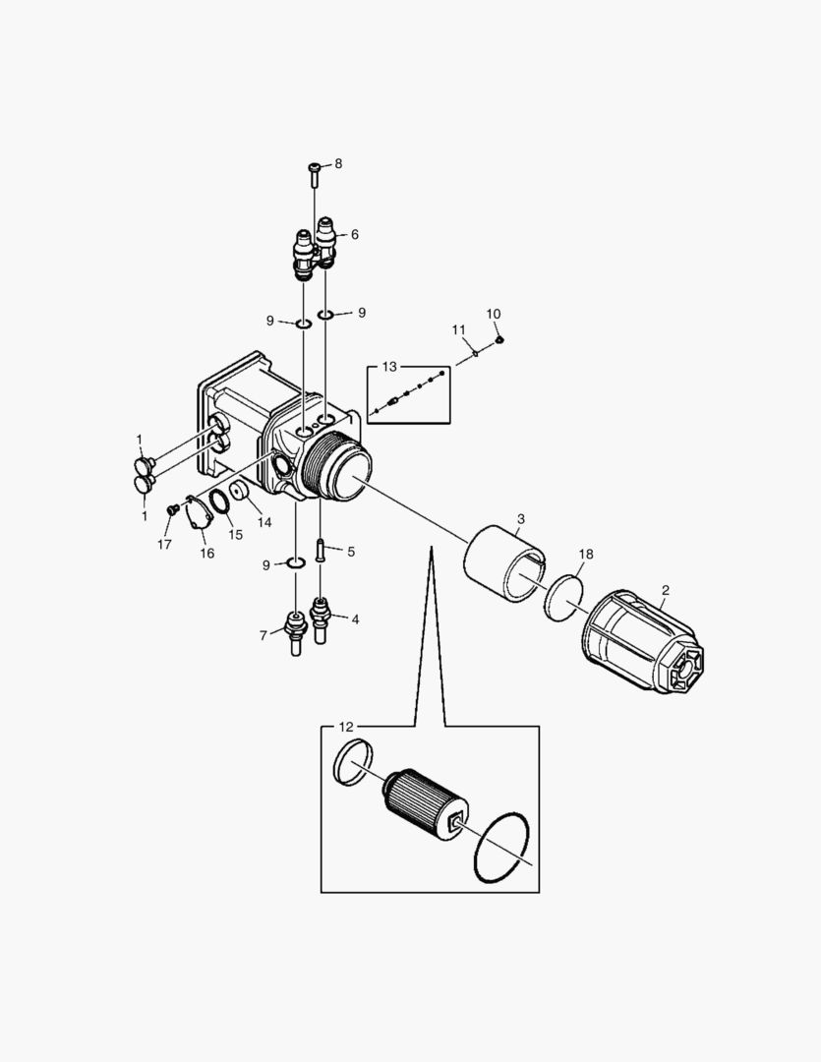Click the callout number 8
[339, 163]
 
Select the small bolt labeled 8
[314, 174]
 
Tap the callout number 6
[354, 235]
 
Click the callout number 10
[494, 314]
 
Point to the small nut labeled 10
[499, 340]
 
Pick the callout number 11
[458, 329]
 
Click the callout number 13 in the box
[389, 367]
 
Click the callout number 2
[666, 590]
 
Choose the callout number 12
[345, 727]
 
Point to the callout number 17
[164, 543]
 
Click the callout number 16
[206, 554]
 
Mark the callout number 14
[264, 523]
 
